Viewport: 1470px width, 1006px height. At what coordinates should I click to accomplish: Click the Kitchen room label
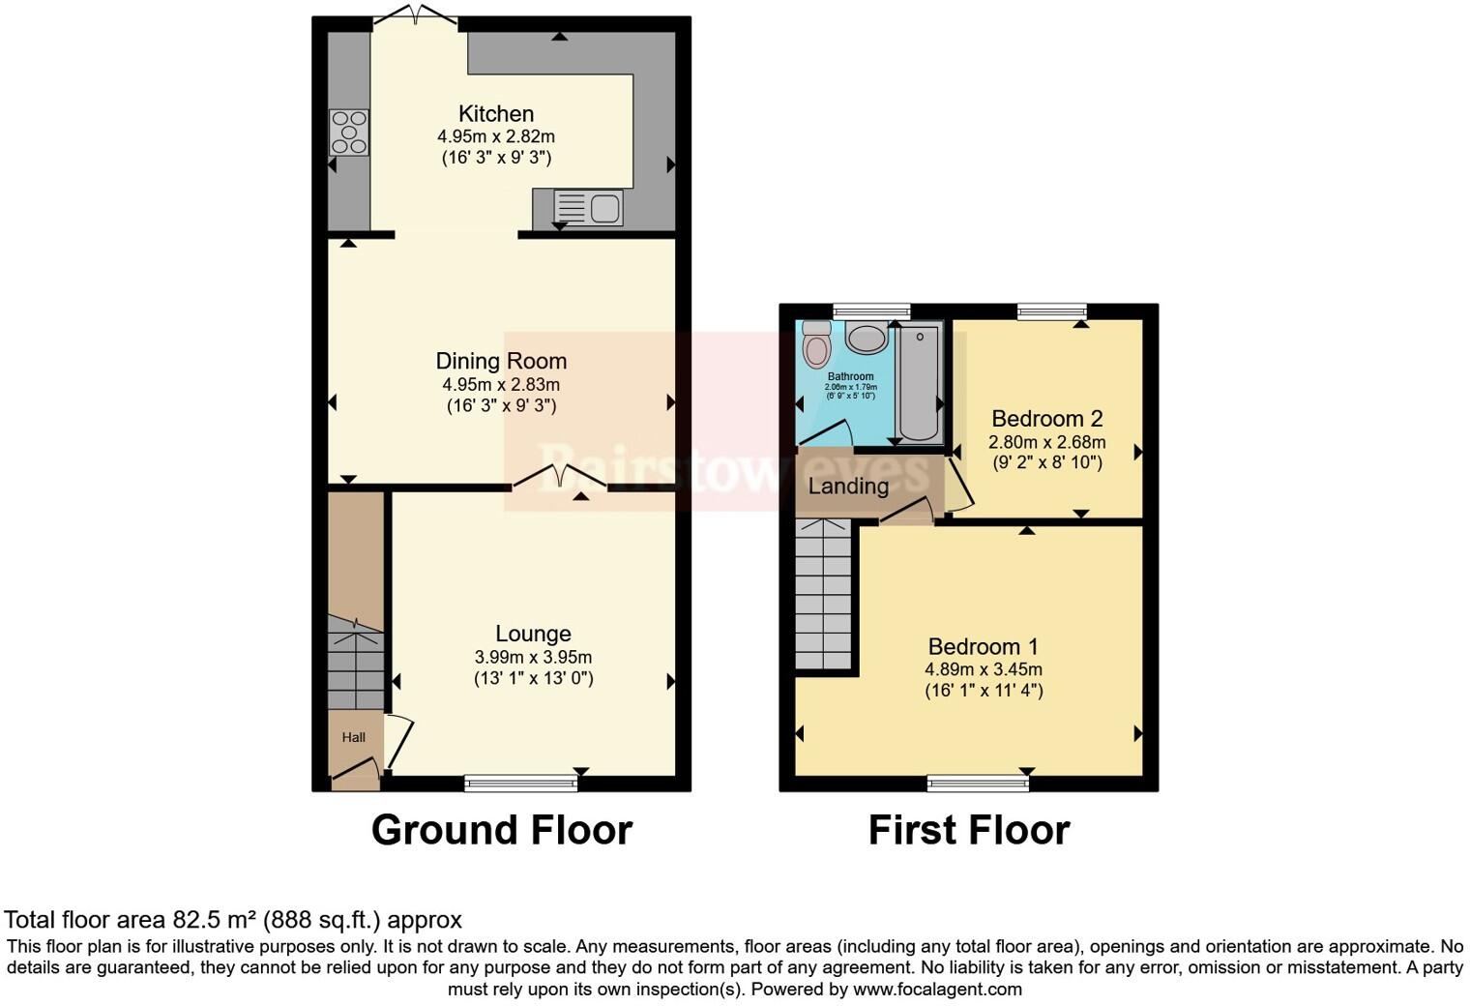pos(495,113)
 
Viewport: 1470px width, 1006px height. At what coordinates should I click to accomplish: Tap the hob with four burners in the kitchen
pos(349,133)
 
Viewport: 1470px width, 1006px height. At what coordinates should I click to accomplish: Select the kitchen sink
pos(588,208)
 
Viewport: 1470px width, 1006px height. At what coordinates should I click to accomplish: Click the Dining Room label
pos(501,361)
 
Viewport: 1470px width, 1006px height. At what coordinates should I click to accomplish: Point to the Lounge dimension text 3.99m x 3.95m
pos(533,657)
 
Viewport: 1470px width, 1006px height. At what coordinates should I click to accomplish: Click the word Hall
pos(354,737)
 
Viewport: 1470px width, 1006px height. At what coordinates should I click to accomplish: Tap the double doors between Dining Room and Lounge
pos(559,477)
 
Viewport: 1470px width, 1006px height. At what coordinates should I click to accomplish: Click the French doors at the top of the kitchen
pos(415,15)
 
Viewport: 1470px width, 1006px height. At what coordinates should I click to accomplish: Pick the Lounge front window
pos(520,783)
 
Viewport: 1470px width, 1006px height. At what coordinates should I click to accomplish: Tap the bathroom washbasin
pos(867,339)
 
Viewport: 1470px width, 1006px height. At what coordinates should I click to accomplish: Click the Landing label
pos(848,486)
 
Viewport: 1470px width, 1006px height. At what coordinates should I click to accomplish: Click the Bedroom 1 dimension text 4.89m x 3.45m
pos(984,669)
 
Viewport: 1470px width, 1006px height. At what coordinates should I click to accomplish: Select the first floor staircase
pos(823,594)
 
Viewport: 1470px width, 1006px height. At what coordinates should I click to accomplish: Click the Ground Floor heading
pos(502,830)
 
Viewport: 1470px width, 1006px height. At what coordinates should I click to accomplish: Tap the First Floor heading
pos(969,830)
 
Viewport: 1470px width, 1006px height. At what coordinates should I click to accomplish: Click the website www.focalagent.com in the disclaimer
pos(937,989)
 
